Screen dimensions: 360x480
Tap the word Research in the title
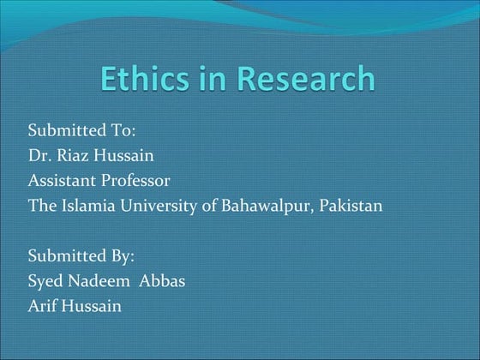306,79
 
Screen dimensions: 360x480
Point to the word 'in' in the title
215,79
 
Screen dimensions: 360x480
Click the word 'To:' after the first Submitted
122,131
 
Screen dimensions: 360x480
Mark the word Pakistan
353,206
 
